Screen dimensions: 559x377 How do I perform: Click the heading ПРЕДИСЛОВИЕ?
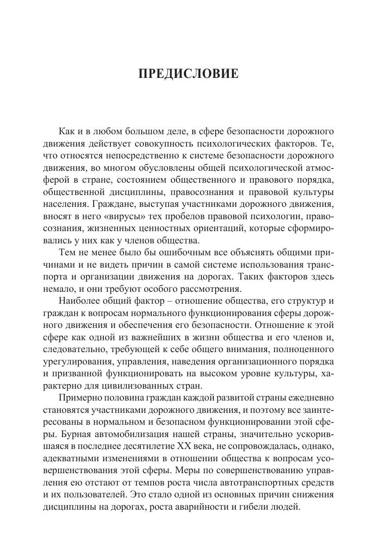point(188,74)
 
